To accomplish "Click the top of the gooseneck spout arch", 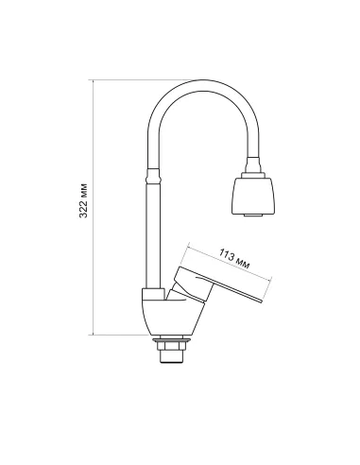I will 198,84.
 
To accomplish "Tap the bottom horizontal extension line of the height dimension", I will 118,334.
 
